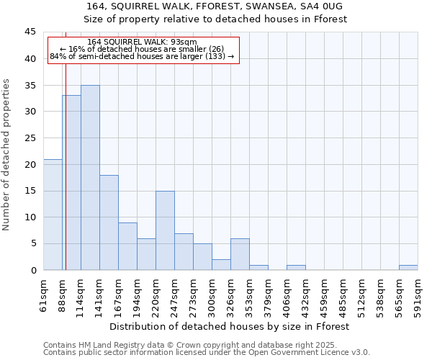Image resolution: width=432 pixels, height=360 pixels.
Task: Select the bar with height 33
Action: [x=71, y=183]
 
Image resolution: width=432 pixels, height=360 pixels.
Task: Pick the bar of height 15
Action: [x=165, y=230]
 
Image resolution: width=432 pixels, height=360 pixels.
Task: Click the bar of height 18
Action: [x=109, y=222]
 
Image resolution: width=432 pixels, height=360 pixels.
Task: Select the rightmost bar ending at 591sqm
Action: [x=408, y=268]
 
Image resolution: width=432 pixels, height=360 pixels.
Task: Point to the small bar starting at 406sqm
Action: [x=296, y=268]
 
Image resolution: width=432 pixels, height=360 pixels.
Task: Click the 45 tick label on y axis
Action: [x=30, y=32]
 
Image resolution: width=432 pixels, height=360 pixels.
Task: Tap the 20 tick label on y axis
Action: [x=30, y=164]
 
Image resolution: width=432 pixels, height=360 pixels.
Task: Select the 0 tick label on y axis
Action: [x=33, y=270]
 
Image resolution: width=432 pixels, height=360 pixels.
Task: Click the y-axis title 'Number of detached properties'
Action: [x=7, y=154]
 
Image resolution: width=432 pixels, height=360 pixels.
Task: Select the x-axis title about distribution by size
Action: [x=230, y=326]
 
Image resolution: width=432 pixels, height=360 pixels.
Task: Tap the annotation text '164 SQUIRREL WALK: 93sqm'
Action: [x=142, y=42]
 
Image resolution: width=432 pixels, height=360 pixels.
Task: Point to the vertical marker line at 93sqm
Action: [x=66, y=144]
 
